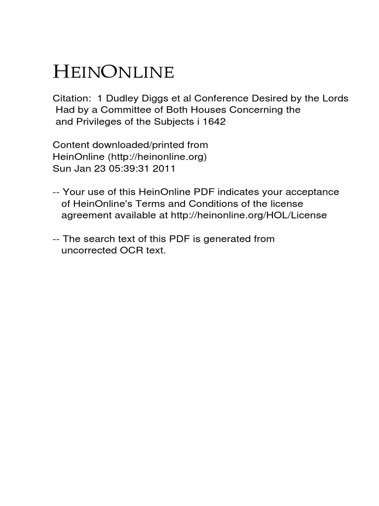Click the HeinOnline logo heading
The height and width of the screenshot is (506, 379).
point(114,73)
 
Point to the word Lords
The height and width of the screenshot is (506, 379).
point(335,98)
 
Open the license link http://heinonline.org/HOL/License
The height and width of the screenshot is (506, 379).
point(249,215)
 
